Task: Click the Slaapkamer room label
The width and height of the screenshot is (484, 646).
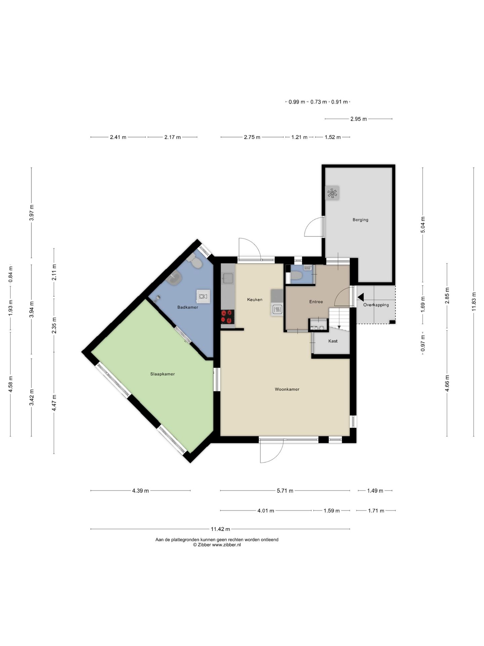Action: pos(162,374)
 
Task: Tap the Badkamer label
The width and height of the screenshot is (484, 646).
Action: pos(188,307)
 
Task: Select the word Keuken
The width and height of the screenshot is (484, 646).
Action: pos(255,299)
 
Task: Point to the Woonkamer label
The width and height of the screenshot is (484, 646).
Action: pos(287,389)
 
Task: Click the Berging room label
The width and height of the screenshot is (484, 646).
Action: pos(360,220)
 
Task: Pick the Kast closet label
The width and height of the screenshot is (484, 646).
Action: pos(333,341)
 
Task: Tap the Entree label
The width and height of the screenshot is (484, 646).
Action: pos(316,302)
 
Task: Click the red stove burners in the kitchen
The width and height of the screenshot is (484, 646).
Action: pos(228,317)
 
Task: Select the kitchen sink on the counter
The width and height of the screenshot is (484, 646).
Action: pos(228,278)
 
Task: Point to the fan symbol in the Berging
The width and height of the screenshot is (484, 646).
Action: pos(332,193)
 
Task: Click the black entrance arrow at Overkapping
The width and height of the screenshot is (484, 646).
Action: pos(361,297)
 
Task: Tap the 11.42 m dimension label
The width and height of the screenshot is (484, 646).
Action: pos(220,529)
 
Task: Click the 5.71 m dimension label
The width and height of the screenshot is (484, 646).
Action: pos(285,491)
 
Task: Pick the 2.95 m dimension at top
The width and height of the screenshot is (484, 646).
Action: pos(359,119)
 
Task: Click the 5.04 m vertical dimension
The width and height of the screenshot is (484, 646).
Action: pos(423,225)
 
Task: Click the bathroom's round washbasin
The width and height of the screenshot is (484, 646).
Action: pos(174,278)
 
